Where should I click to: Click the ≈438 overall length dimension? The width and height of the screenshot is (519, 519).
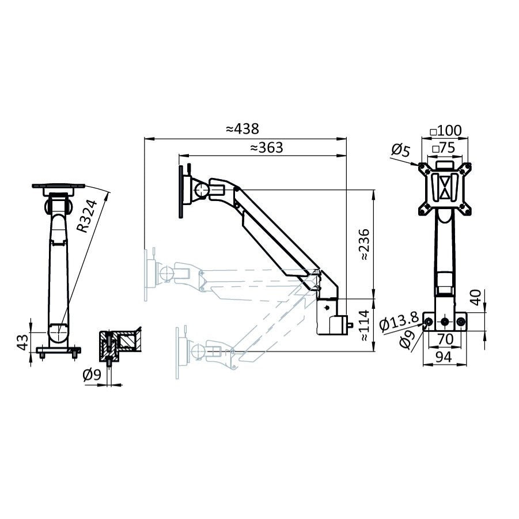[243, 128]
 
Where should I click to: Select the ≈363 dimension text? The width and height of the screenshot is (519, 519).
[266, 147]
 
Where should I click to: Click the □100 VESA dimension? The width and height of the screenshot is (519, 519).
[446, 130]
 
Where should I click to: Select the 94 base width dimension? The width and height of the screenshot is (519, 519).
[443, 357]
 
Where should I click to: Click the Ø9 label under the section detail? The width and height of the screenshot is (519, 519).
[92, 375]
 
